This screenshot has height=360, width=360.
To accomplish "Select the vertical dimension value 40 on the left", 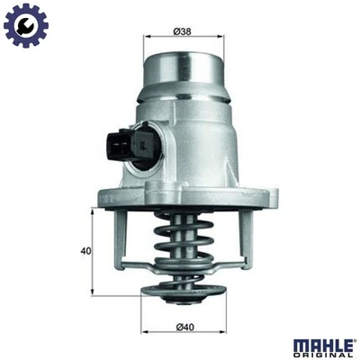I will (x=85, y=252).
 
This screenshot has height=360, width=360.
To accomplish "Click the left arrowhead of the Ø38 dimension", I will (x=147, y=37).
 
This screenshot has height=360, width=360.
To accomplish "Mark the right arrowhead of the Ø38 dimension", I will (x=221, y=37).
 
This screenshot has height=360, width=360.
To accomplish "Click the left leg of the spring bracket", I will (x=121, y=238).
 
